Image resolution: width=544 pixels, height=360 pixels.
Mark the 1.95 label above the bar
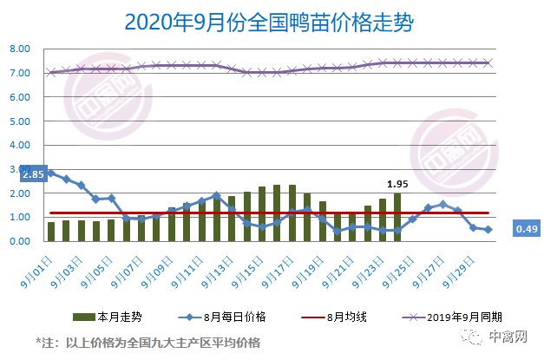(x=397, y=184)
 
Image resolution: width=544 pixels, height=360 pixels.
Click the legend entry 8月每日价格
(x=212, y=316)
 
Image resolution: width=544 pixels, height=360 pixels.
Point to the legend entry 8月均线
(x=335, y=316)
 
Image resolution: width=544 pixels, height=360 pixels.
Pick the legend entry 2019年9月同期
(x=456, y=316)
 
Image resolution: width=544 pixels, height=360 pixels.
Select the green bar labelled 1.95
(x=397, y=218)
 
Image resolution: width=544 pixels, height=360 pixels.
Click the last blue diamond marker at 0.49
(x=488, y=230)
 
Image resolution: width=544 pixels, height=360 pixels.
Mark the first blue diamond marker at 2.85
(x=51, y=173)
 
